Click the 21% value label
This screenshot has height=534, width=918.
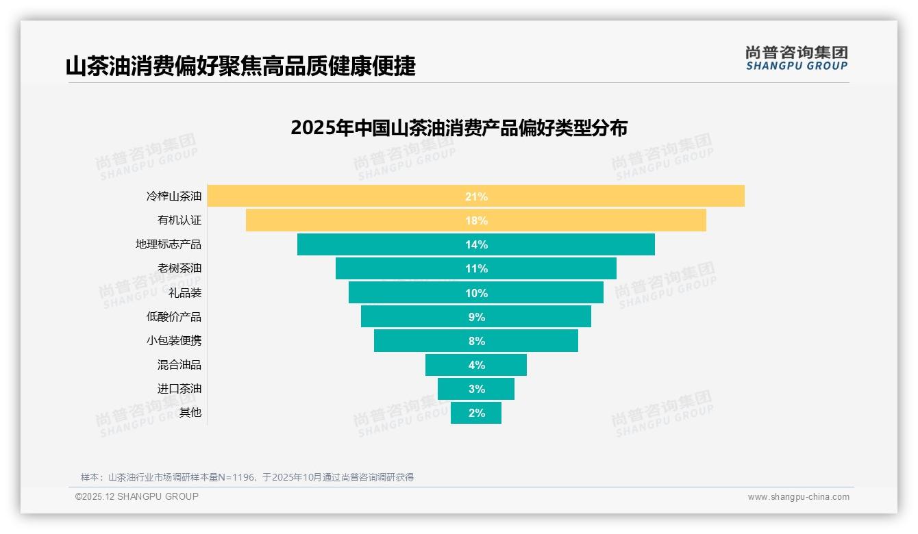click(x=476, y=196)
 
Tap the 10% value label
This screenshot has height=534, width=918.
click(x=476, y=293)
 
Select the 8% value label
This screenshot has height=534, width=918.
click(x=476, y=341)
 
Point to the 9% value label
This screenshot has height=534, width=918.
click(x=476, y=317)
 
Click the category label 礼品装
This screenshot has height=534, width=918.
click(x=185, y=292)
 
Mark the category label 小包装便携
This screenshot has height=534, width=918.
click(x=174, y=340)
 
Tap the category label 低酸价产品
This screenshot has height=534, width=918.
click(x=174, y=316)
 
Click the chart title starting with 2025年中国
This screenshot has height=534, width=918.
click(x=459, y=128)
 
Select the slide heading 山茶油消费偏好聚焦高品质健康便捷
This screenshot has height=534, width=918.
click(x=240, y=66)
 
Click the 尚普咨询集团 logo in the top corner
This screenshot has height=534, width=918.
click(x=796, y=58)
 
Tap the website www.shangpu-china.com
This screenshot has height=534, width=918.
click(x=798, y=497)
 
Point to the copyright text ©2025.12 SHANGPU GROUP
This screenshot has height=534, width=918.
click(x=137, y=496)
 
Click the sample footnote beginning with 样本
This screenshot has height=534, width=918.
click(x=247, y=477)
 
